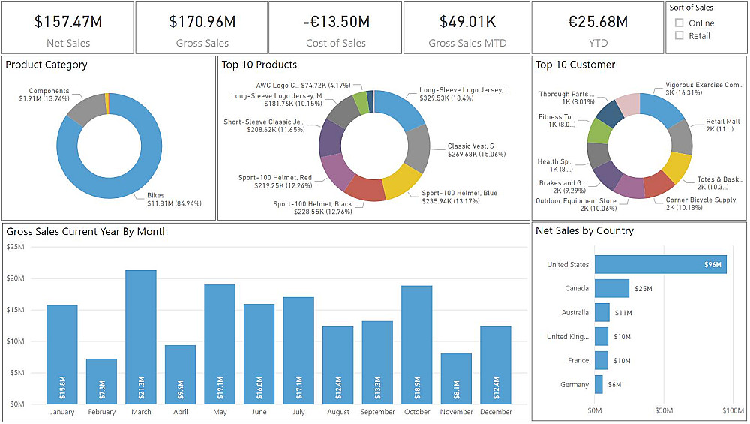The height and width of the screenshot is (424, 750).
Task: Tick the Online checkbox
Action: click(679, 23)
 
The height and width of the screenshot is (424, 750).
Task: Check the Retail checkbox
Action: click(679, 35)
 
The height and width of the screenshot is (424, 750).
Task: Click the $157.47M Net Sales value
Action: click(68, 22)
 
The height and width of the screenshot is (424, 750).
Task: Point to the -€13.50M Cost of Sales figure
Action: click(336, 22)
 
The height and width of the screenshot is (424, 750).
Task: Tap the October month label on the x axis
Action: click(416, 412)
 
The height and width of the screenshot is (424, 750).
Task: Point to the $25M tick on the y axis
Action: click(15, 246)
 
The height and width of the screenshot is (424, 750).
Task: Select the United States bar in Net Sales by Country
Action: click(660, 264)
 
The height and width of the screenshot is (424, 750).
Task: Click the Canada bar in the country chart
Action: click(611, 288)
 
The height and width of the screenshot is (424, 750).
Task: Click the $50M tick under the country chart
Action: click(664, 411)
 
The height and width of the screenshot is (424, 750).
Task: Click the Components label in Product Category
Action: click(49, 91)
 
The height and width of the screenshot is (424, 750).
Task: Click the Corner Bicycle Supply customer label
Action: click(700, 200)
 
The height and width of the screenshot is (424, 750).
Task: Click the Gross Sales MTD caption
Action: click(467, 43)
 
